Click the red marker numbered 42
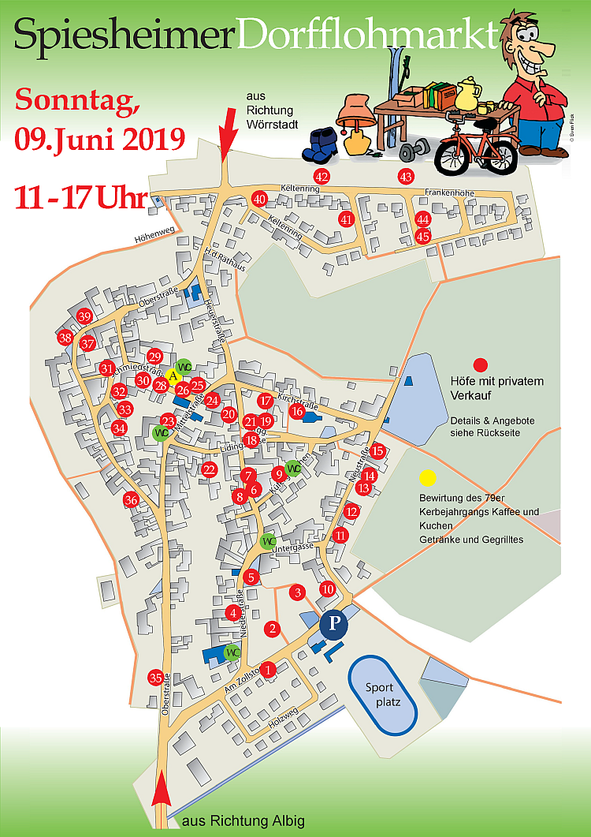322,176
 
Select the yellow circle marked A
173,376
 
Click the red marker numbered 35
156,678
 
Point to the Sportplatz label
384,694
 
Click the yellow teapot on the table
469,94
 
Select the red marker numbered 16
297,411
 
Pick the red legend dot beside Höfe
480,364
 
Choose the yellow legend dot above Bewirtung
427,477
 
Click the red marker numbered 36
131,499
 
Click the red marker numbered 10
328,588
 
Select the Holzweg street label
282,720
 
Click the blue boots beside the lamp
323,144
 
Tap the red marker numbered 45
423,236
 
